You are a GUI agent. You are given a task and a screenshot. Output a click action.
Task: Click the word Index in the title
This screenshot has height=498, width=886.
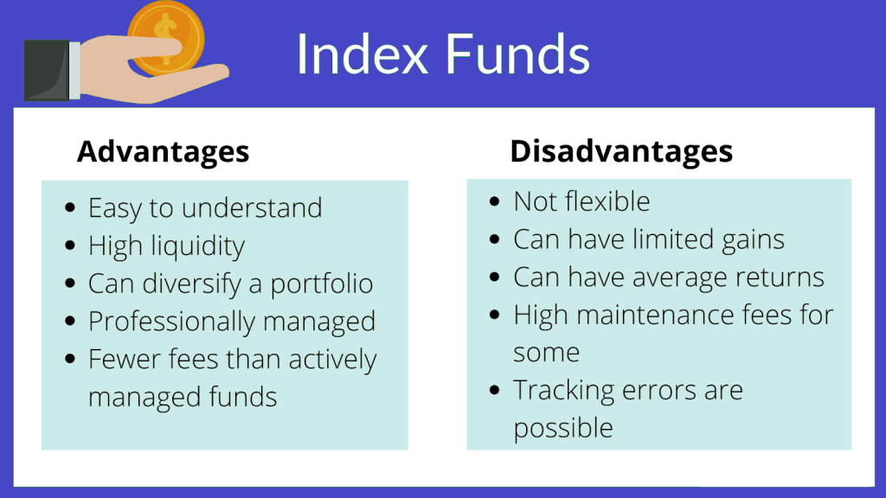tap(363, 54)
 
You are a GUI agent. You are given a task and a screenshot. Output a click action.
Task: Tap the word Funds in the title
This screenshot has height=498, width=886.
tap(518, 54)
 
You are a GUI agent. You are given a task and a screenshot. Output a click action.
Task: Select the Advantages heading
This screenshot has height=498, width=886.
tap(163, 152)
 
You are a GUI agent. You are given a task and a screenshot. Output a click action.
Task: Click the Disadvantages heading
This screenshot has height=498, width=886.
tap(621, 150)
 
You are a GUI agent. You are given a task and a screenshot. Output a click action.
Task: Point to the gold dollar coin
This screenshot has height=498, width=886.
tap(166, 38)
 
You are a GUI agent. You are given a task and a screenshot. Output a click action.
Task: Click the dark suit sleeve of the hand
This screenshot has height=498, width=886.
tap(47, 70)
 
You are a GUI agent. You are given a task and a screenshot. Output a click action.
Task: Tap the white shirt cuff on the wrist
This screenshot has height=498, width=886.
tap(74, 71)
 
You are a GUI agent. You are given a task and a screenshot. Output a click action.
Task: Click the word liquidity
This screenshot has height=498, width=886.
tap(198, 246)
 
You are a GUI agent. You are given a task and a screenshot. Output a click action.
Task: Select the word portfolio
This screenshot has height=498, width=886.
tap(322, 284)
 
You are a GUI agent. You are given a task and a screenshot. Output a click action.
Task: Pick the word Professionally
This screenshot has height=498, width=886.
tap(172, 322)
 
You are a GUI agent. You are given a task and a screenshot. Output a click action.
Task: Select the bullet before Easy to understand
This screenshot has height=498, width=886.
tap(70, 207)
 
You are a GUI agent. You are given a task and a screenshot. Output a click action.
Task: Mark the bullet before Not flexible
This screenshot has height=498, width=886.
tap(495, 201)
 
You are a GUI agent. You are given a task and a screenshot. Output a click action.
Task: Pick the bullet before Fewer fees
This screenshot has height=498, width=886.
tap(70, 359)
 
